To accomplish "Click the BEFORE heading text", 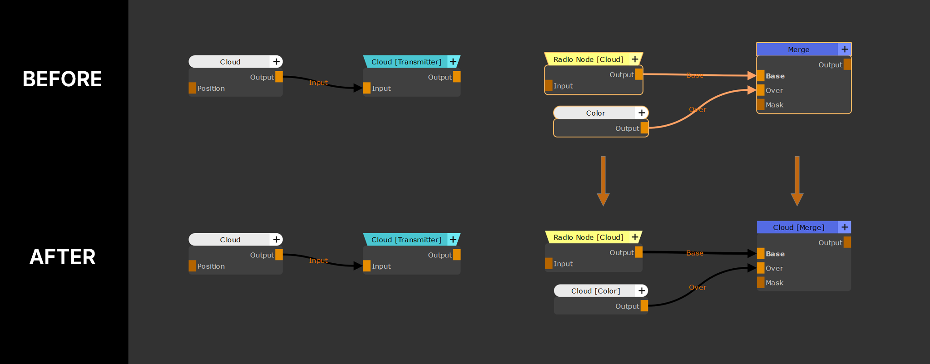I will (62, 79).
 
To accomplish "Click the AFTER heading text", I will (62, 257).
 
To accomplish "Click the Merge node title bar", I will (798, 49).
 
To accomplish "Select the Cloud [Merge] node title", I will (798, 227).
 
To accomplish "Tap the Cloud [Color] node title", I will (595, 291).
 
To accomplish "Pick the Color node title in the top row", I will (595, 113).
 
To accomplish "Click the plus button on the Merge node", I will (844, 49).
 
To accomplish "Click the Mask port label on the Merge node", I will (774, 105).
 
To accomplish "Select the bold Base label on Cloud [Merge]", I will (775, 254).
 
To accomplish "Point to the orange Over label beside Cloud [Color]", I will (697, 287).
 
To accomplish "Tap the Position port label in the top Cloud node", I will (211, 89).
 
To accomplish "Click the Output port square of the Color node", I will (644, 128).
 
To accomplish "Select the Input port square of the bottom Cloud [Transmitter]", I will (367, 266).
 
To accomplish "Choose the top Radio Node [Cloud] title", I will (588, 59).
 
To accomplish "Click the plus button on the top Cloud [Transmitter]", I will (453, 62).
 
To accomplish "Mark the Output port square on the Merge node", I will (847, 64).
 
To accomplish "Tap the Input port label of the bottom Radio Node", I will (563, 264).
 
